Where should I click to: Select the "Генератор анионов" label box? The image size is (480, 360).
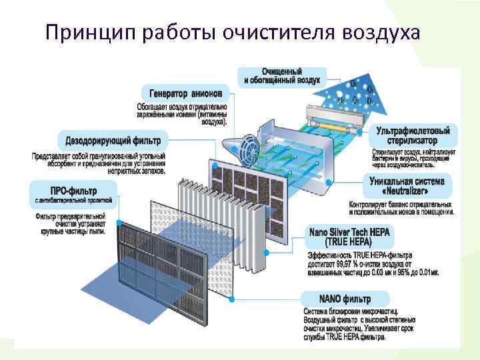(185, 93)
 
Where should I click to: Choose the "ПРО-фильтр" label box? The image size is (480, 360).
(73, 189)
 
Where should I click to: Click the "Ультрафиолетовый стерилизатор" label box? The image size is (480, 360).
(413, 136)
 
